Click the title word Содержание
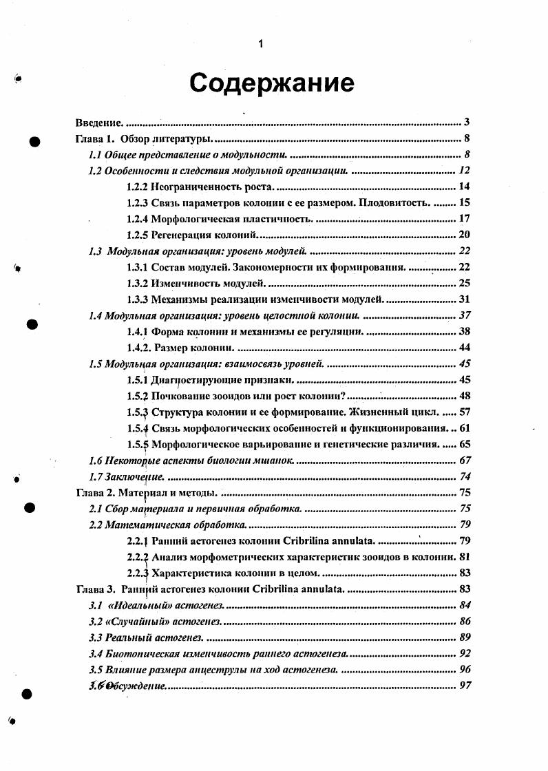pyautogui.click(x=272, y=83)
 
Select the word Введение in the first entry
pyautogui.click(x=98, y=123)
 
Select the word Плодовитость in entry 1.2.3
pyautogui.click(x=401, y=202)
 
